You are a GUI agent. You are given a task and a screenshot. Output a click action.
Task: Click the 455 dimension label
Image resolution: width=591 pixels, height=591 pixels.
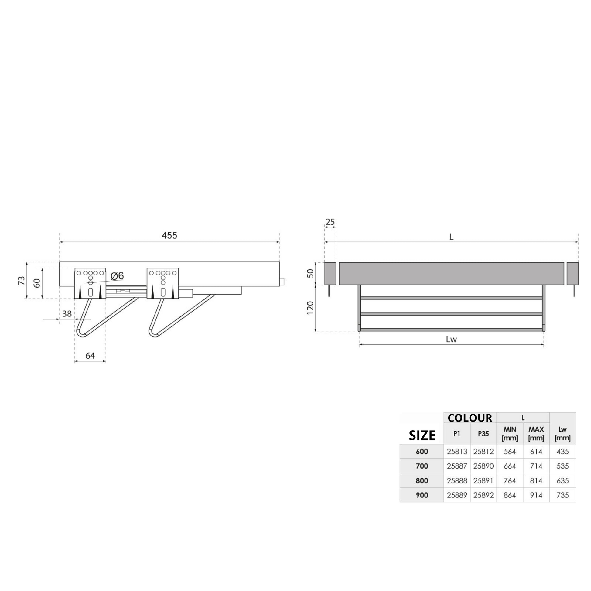[x=169, y=236]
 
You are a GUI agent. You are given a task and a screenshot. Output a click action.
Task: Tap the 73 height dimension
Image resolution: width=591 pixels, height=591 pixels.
[x=22, y=281]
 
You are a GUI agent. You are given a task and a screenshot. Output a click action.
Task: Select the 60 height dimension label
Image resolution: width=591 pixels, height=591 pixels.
[x=37, y=283]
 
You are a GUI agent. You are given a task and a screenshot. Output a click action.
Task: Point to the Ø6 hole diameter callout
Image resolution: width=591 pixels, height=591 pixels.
[x=117, y=276]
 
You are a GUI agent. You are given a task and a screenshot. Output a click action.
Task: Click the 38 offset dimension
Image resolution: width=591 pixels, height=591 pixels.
[x=67, y=313]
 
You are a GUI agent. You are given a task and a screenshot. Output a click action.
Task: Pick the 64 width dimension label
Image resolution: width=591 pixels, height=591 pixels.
[x=90, y=355]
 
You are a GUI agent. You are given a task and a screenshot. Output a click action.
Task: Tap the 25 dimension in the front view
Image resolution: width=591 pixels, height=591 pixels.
[x=330, y=222]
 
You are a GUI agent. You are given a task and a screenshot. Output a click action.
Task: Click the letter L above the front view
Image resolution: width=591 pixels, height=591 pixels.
[x=451, y=237]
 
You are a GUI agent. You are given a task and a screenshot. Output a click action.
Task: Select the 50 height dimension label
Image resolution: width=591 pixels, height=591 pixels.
[x=310, y=273]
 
